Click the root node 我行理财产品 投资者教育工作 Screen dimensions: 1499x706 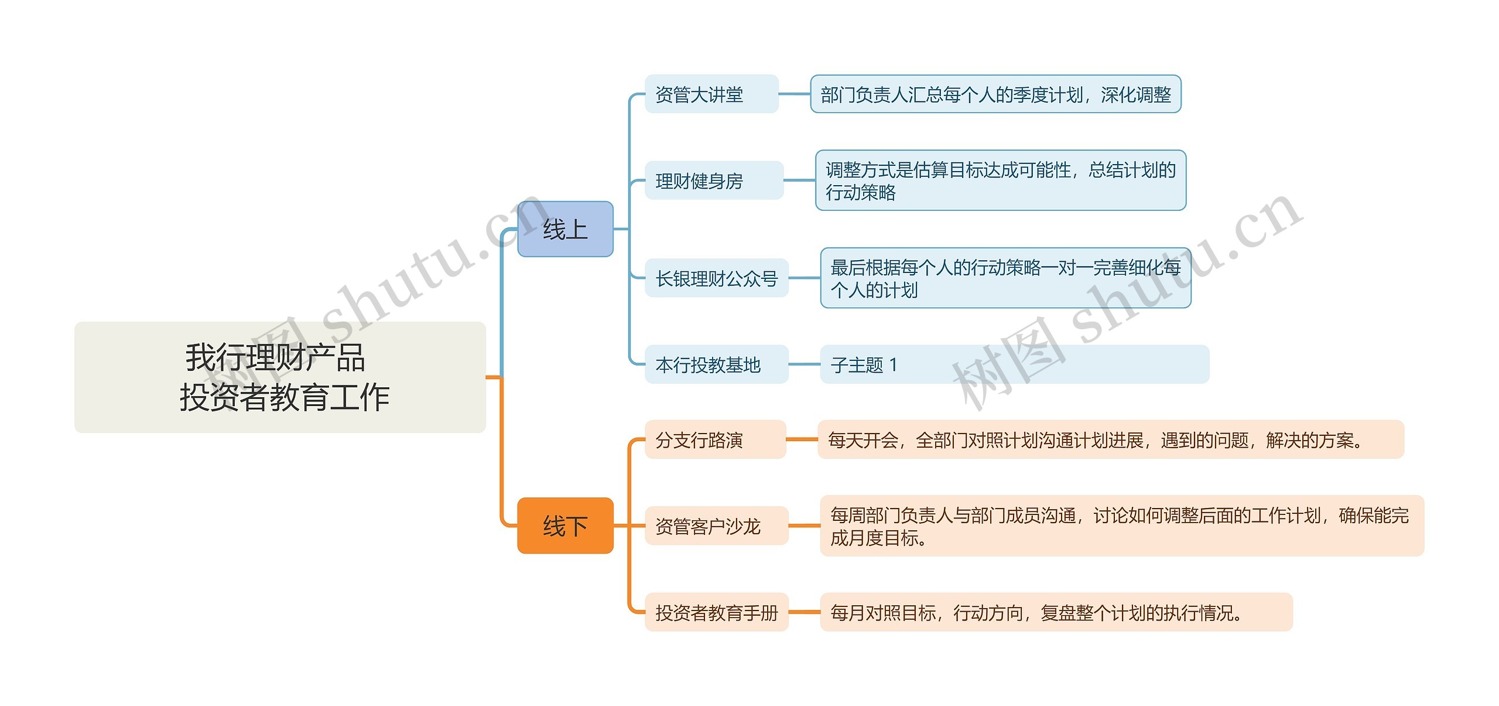coord(280,377)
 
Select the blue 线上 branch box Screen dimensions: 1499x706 coord(565,229)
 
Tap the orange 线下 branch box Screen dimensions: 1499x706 coord(565,526)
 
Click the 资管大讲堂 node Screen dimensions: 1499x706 coord(711,94)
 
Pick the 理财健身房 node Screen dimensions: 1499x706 coord(714,180)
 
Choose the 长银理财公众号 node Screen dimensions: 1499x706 coord(716,278)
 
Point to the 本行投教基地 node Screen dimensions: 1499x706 coord(716,364)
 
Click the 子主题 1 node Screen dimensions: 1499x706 coord(1014,364)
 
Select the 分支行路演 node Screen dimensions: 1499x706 coord(715,439)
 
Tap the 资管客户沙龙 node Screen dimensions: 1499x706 coord(716,526)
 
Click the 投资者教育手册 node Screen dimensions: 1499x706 coord(716,612)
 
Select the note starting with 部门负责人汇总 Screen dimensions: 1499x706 coord(995,94)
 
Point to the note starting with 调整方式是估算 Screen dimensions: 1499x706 coord(1000,180)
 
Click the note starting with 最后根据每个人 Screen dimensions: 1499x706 coord(1005,278)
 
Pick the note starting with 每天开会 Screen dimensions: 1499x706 coord(1110,439)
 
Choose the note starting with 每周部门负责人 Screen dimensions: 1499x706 coord(1121,526)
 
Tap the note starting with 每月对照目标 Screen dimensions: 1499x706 coord(1056,612)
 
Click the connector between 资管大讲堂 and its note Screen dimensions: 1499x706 coord(795,94)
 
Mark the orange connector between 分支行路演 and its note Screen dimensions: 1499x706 coord(802,439)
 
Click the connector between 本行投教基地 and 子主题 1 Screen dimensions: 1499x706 coord(804,364)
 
